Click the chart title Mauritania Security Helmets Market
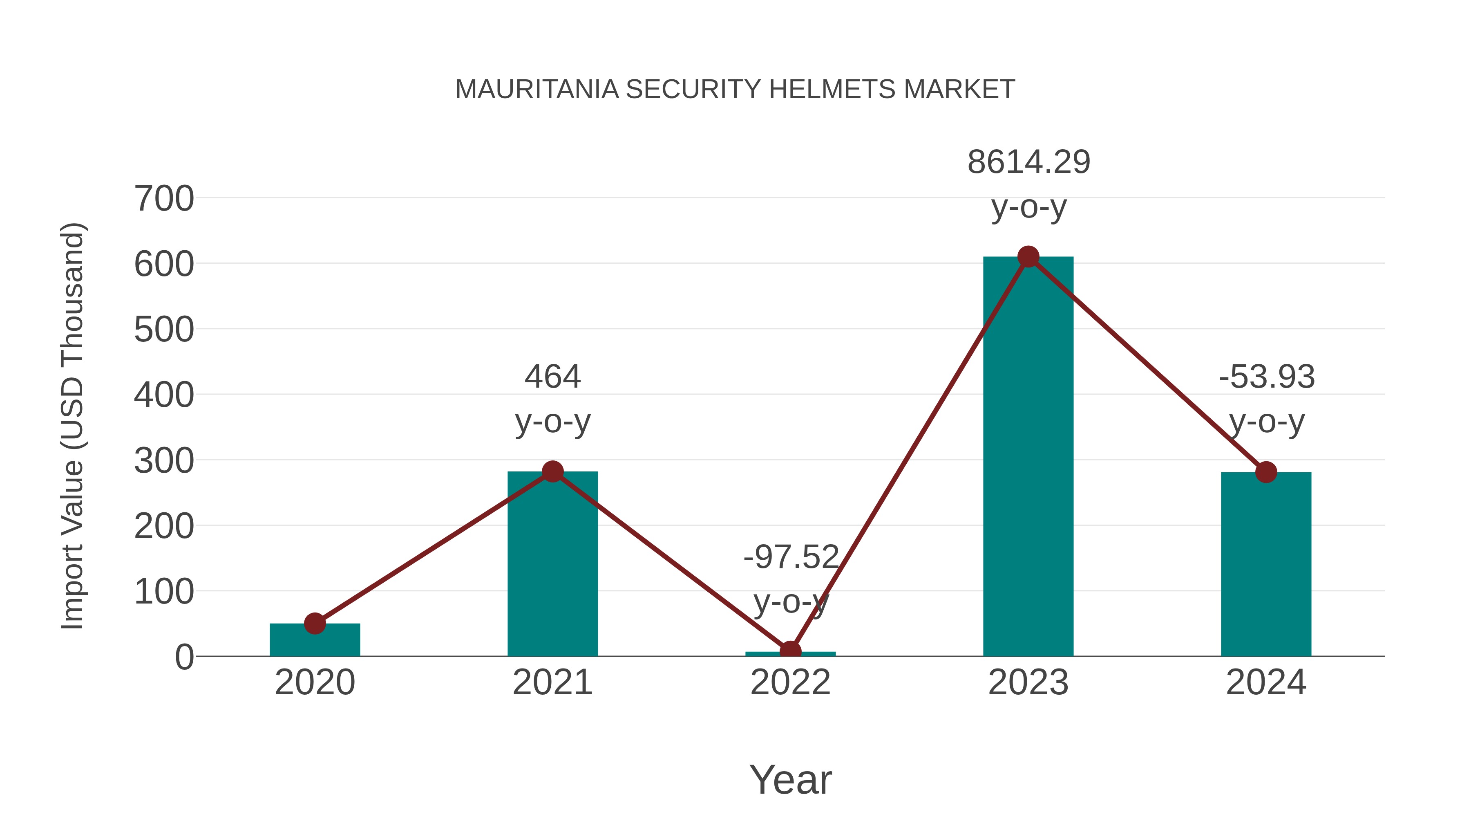tap(735, 90)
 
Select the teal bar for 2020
tap(315, 641)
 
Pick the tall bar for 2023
tap(1028, 457)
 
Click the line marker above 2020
tap(315, 624)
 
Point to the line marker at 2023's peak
tap(1028, 257)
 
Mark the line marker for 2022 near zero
tap(790, 651)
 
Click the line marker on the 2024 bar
tap(1266, 473)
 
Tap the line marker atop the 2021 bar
tap(552, 471)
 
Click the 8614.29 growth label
tap(1028, 162)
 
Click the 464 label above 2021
tap(552, 377)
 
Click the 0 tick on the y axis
tap(184, 657)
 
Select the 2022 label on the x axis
tap(790, 683)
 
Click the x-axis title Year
tap(790, 780)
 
